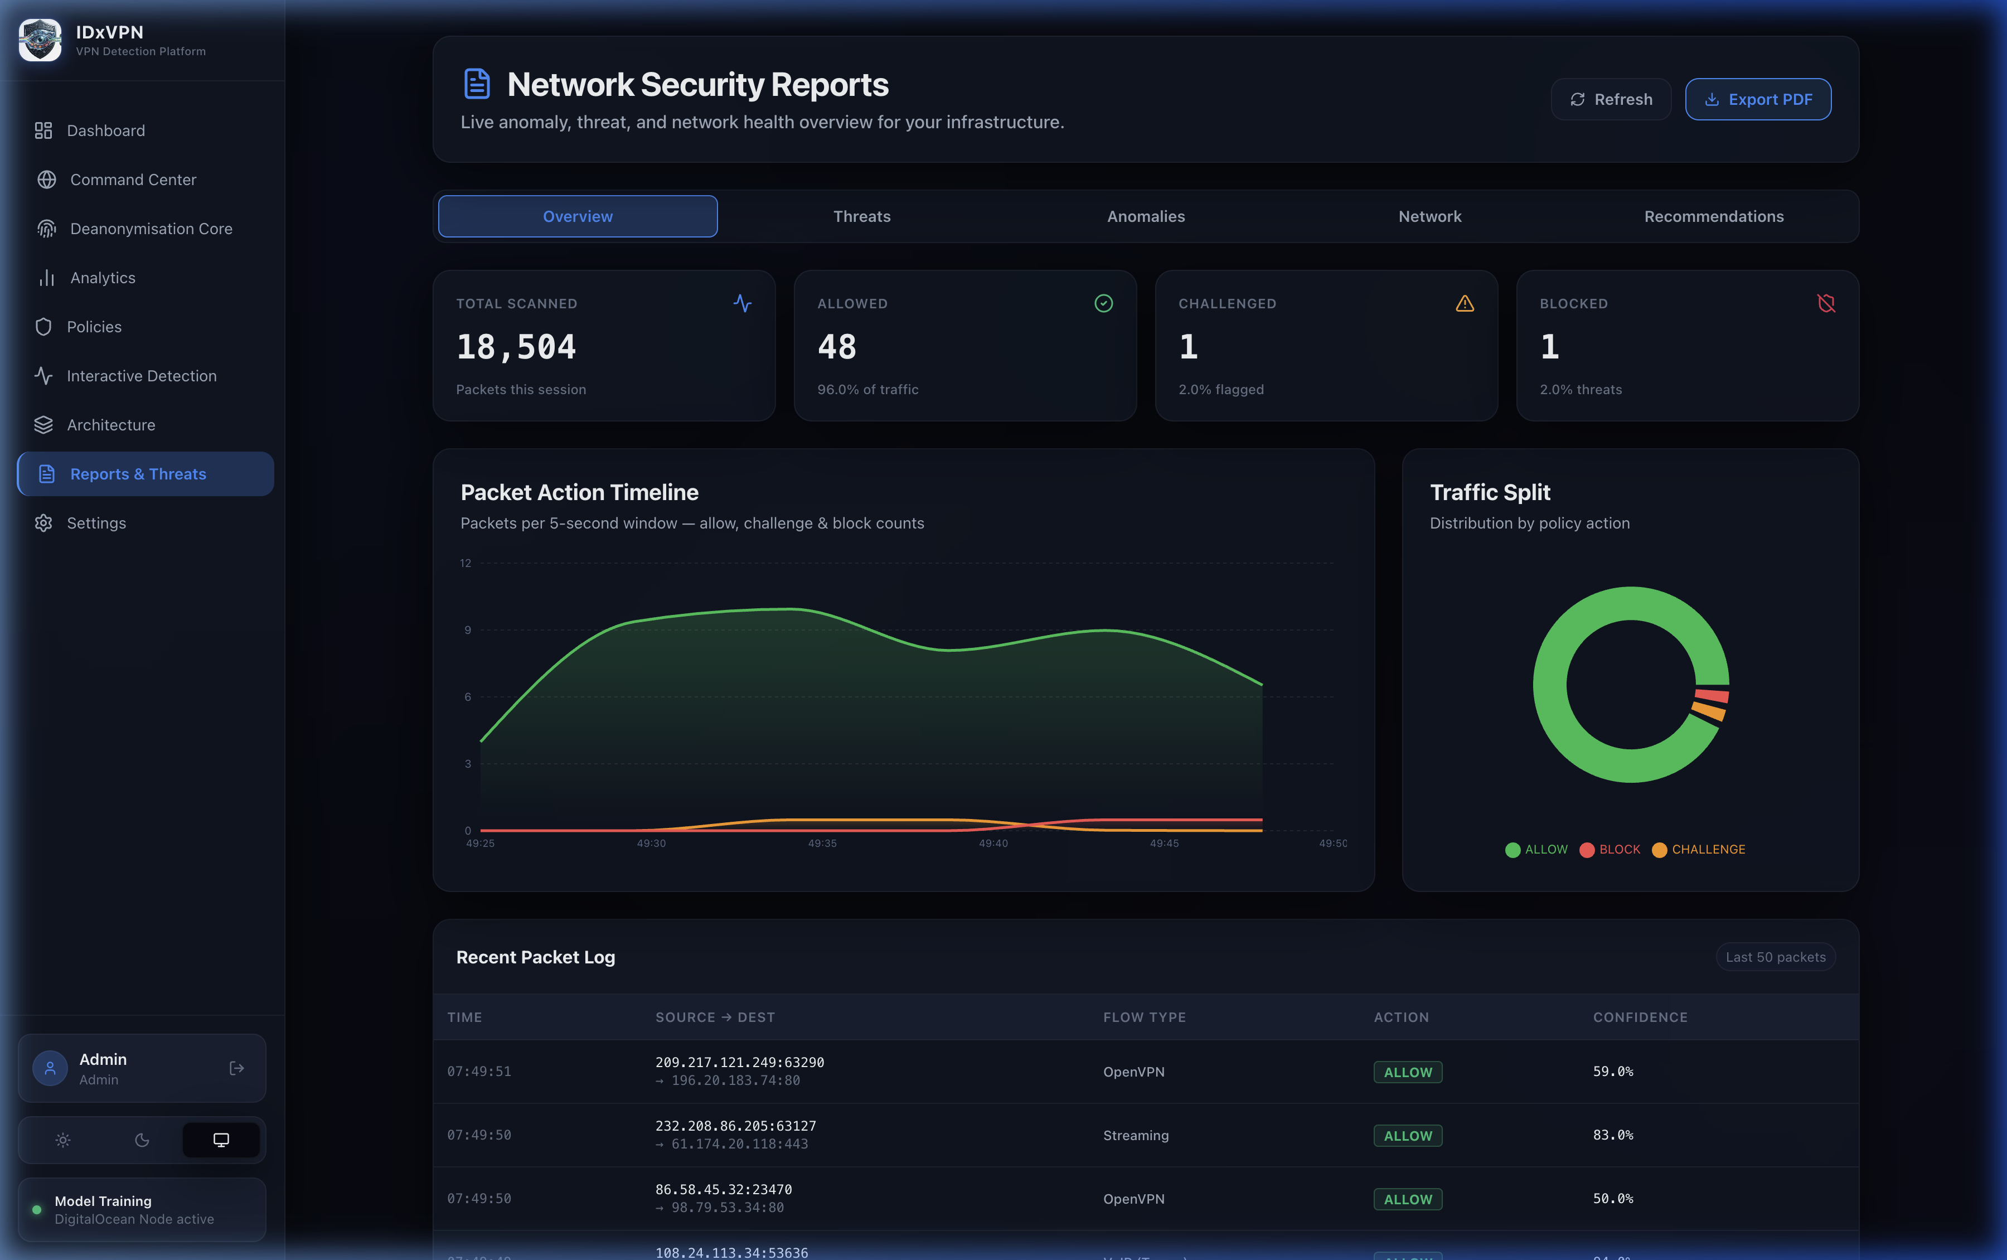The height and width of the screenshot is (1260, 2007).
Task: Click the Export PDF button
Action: pos(1757,99)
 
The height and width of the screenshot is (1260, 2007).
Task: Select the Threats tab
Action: pos(861,217)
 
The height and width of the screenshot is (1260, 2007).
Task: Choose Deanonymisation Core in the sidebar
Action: pos(151,229)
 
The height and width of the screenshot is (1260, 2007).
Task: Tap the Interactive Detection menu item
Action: pos(141,376)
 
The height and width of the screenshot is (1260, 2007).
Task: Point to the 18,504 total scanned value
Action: pos(516,347)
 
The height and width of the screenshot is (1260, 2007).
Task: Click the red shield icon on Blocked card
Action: pos(1825,303)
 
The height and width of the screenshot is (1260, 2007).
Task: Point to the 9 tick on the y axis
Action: pos(467,630)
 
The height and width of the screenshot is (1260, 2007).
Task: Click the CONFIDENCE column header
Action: pos(1640,1017)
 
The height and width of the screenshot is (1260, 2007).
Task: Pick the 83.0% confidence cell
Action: pos(1612,1135)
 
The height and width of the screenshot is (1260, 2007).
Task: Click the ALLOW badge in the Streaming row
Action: pos(1407,1136)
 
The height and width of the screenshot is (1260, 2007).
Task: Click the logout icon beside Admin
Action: pos(236,1068)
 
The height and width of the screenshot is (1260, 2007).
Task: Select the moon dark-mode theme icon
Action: pos(142,1140)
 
